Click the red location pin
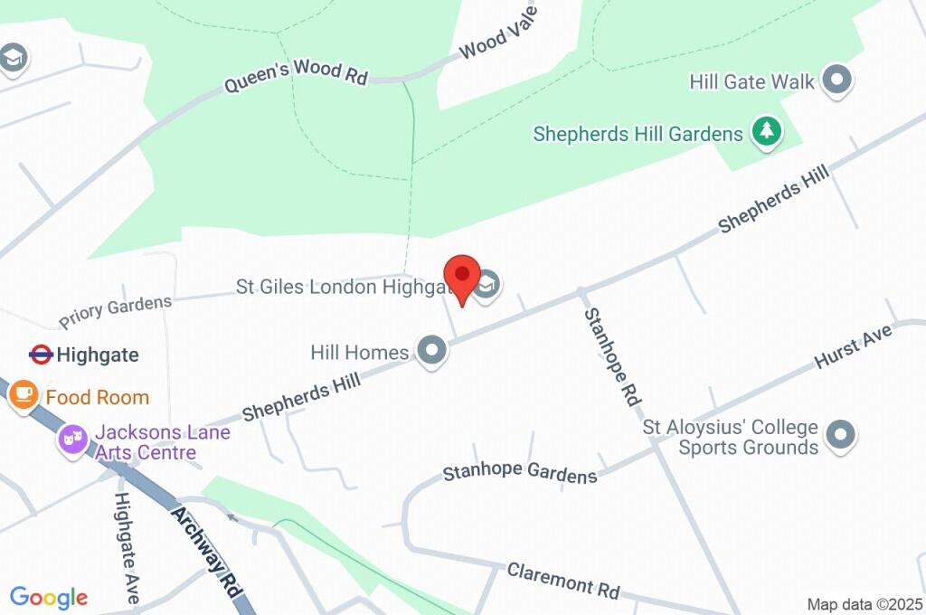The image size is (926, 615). (x=462, y=275)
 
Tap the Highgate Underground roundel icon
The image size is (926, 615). (x=41, y=355)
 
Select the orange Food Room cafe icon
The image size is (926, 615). (x=24, y=394)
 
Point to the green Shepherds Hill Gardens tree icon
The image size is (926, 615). (x=767, y=131)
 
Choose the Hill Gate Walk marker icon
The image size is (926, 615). (x=838, y=80)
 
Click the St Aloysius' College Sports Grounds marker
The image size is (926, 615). (x=842, y=435)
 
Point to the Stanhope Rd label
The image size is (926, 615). (x=612, y=356)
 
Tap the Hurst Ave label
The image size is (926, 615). (x=853, y=346)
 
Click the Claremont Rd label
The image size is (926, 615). (x=563, y=580)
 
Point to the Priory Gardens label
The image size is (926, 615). (x=115, y=312)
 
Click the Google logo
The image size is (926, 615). (x=49, y=597)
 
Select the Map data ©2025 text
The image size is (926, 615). (x=865, y=604)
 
